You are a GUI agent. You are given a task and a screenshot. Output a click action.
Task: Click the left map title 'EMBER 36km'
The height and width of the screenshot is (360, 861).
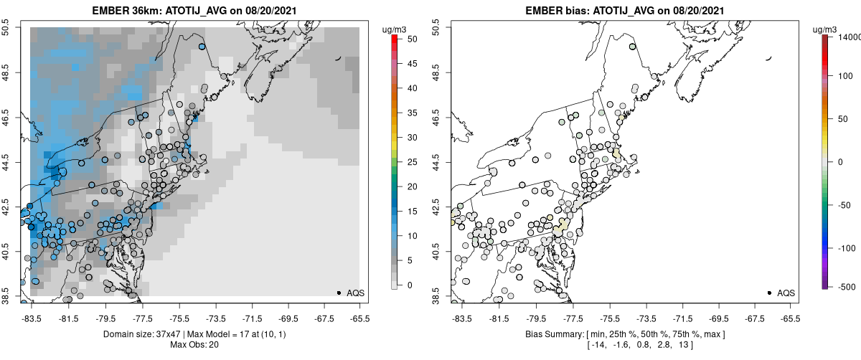pyautogui.click(x=125, y=11)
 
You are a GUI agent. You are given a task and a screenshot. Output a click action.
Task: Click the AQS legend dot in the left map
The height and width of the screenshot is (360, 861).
pyautogui.click(x=339, y=293)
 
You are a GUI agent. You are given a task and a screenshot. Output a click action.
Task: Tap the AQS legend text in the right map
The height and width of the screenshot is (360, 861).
pyautogui.click(x=786, y=293)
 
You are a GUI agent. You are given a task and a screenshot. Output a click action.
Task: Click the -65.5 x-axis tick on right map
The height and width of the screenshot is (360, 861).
pyautogui.click(x=790, y=316)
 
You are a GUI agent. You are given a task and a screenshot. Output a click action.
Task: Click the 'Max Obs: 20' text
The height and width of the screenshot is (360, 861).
pyautogui.click(x=194, y=346)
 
